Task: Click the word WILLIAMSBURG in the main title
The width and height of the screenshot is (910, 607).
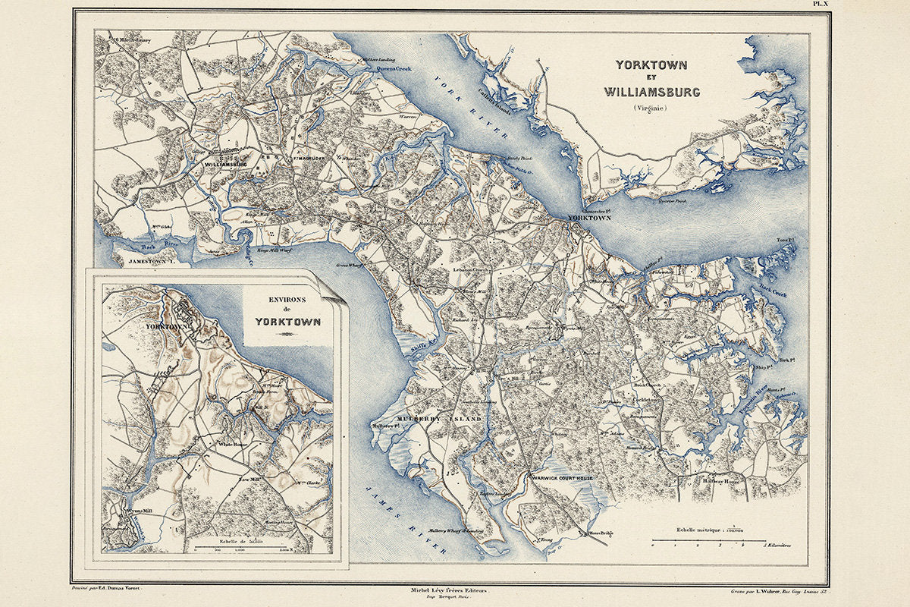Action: pos(652,92)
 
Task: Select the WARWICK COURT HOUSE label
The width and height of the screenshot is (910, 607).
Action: pos(563,479)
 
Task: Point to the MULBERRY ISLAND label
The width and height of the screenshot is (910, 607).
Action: pos(439,419)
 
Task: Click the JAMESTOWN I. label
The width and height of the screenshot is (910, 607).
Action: pos(158,261)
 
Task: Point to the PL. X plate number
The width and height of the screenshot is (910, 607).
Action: pos(822,5)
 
